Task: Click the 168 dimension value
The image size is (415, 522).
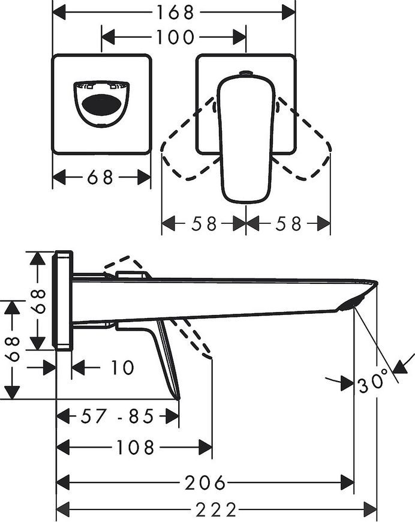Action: [x=175, y=13]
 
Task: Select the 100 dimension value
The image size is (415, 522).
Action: [x=175, y=37]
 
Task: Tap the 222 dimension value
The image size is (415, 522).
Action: [x=216, y=509]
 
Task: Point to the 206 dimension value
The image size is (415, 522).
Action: [x=205, y=482]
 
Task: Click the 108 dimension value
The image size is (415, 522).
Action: [x=136, y=447]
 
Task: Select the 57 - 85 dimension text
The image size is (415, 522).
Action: [x=118, y=416]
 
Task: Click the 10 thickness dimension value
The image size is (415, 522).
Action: [x=122, y=368]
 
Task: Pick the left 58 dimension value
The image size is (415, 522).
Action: [x=204, y=224]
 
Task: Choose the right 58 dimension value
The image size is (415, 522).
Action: [x=288, y=224]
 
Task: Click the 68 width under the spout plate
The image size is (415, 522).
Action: [x=100, y=178]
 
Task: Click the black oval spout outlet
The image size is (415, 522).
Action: [x=101, y=105]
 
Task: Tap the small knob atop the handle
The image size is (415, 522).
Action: [x=246, y=72]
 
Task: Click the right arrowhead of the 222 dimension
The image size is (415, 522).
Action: [x=371, y=509]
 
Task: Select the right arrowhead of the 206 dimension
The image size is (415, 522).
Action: [x=347, y=482]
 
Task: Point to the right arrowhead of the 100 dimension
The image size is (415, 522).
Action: [x=240, y=37]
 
